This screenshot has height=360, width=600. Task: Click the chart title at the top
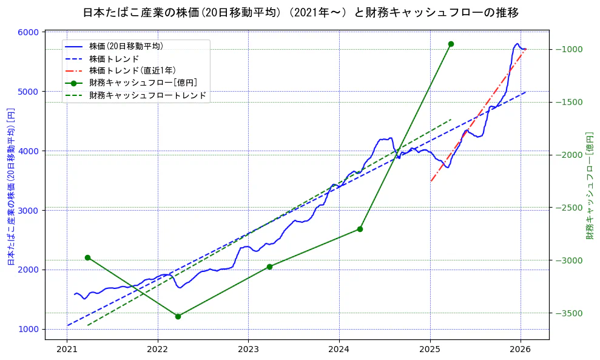click(300, 12)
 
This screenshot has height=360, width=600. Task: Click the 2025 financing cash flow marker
click(451, 44)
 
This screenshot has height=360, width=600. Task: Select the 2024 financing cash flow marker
click(360, 229)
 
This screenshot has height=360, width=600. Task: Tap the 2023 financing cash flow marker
click(269, 267)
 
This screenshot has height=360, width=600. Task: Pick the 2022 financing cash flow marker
click(178, 316)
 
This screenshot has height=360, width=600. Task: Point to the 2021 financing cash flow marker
click(87, 257)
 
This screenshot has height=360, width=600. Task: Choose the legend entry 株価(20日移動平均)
click(126, 46)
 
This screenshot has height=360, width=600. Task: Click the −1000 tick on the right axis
click(568, 49)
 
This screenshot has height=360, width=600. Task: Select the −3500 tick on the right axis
click(568, 313)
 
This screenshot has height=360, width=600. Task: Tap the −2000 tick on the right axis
click(568, 155)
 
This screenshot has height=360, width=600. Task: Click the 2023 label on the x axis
click(248, 350)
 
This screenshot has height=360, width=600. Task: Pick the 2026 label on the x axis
click(521, 350)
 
